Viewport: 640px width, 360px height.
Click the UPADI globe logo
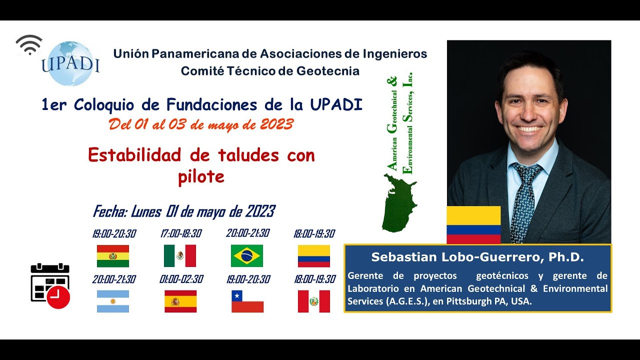point(70,64)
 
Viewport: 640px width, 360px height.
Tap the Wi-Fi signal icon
point(29,45)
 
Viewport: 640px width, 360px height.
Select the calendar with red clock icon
point(50,286)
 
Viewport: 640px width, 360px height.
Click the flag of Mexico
point(180,256)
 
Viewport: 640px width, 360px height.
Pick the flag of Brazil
point(247,256)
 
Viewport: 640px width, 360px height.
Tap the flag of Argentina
point(113,301)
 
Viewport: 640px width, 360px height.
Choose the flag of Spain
point(180,301)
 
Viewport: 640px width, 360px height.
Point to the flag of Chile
point(247,301)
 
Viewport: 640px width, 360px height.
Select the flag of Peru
point(314,301)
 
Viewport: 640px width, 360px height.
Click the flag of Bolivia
point(113,256)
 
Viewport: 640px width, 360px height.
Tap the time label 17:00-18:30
point(181,233)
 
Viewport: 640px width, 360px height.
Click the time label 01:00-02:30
point(181,279)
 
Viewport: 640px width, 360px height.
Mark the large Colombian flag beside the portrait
point(473,224)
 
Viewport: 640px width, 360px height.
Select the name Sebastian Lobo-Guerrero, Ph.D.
point(477,257)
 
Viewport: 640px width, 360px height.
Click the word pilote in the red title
point(201,176)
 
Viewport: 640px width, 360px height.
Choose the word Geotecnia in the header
point(327,71)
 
